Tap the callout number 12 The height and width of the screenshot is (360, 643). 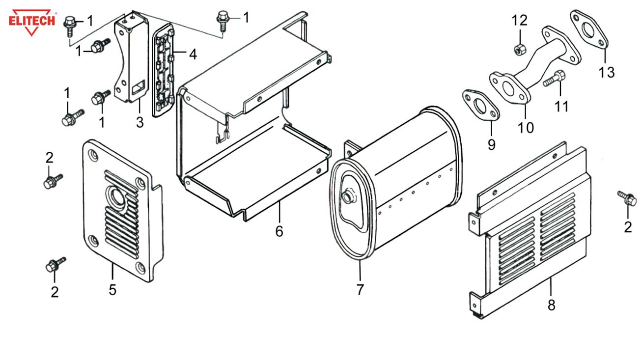[519, 21]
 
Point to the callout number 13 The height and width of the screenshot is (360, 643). [606, 73]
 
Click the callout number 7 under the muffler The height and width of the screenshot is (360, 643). [360, 290]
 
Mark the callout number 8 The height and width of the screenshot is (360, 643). [551, 305]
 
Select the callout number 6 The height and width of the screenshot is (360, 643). [279, 231]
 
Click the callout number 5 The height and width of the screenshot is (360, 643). [112, 290]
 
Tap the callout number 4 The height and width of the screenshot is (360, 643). [193, 54]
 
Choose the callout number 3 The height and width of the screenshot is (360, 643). [140, 122]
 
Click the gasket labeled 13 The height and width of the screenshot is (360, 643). [589, 29]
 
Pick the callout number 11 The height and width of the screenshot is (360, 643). [561, 106]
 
